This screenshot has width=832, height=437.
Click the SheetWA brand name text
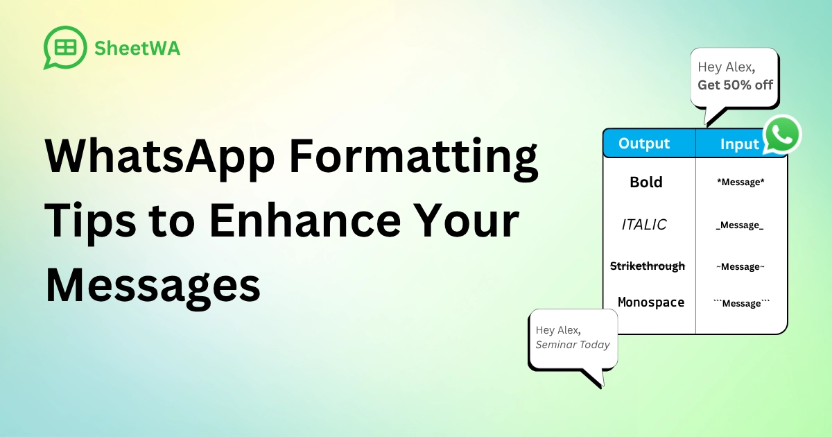137,48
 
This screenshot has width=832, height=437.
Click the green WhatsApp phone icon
782,135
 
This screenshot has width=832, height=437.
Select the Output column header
644,144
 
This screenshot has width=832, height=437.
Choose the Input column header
739,144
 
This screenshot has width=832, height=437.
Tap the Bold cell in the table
646,182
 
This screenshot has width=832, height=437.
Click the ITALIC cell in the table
644,225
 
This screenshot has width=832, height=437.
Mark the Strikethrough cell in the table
647,266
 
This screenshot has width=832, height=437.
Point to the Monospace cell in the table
650,302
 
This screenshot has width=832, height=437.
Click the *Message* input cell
740,183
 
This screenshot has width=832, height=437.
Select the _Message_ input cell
740,225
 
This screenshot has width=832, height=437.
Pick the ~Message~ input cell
740,267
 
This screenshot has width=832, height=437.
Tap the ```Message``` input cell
741,303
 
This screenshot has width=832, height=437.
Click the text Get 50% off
735,85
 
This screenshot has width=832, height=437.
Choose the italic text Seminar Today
573,345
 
